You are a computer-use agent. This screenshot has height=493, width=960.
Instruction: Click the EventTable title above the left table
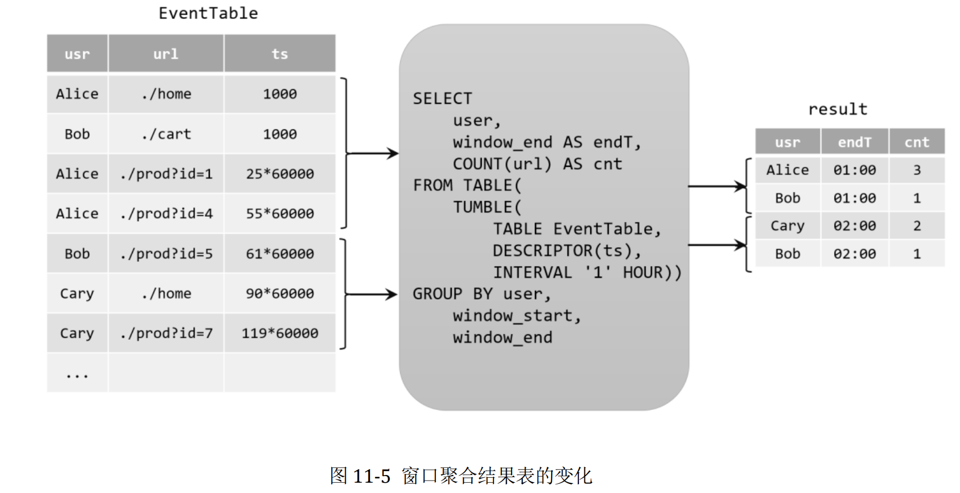point(208,13)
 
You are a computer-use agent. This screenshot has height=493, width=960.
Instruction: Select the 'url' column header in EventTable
point(166,54)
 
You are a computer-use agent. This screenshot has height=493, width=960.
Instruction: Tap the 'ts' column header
point(279,54)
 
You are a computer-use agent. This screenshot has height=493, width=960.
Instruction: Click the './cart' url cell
point(166,134)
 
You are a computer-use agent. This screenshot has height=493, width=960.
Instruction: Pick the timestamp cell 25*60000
point(279,174)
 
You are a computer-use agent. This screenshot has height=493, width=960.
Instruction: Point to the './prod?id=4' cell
point(166,214)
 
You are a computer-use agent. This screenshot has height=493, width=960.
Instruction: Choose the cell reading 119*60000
point(279,333)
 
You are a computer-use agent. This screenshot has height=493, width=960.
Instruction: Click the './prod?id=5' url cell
point(166,254)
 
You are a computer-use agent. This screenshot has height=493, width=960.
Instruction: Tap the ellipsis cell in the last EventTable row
point(77,374)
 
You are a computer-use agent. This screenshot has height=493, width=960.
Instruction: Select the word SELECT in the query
point(442,98)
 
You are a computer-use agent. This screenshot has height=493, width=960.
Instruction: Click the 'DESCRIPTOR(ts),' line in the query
point(567,251)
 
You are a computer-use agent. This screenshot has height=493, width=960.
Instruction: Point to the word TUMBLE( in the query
point(487,207)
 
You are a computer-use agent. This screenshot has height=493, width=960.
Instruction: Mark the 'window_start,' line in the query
point(517,316)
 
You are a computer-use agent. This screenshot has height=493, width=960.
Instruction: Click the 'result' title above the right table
point(838,109)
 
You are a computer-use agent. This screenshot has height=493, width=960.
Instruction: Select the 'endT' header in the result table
point(855,142)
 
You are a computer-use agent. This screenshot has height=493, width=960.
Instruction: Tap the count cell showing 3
point(917,170)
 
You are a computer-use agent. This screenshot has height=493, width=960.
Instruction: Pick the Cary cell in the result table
point(787,226)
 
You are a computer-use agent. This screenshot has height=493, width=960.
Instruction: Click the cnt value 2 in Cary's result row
point(917,226)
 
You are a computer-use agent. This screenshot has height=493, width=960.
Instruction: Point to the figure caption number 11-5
point(371,476)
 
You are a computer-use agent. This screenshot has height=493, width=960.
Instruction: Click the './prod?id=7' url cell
point(166,333)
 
